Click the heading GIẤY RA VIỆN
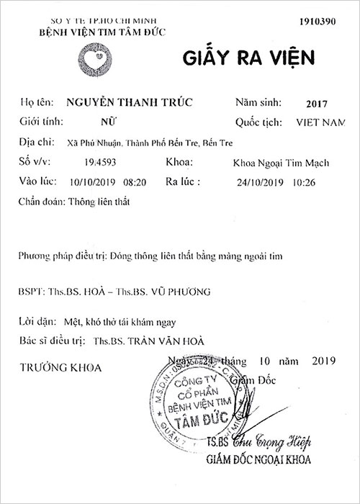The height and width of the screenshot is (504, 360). tap(243, 58)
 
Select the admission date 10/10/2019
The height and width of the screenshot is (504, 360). tap(94, 183)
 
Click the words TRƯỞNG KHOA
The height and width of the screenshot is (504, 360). tap(60, 367)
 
